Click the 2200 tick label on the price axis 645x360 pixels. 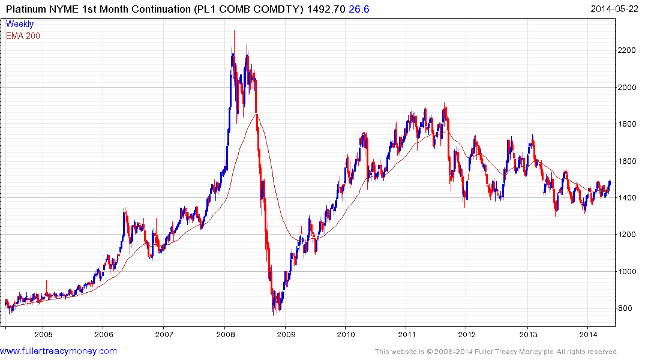click(x=628, y=50)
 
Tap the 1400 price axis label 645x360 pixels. click(x=628, y=198)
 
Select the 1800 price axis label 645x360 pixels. click(x=628, y=124)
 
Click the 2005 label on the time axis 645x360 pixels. click(x=43, y=334)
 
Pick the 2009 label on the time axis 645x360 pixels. click(x=286, y=334)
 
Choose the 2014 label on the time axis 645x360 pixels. click(x=589, y=334)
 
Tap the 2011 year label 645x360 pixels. click(x=407, y=334)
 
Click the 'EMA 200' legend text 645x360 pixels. click(x=23, y=35)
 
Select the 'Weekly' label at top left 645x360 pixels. click(x=20, y=24)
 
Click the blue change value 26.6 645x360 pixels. click(x=358, y=8)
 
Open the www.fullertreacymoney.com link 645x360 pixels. click(x=59, y=351)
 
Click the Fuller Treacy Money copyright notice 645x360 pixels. click(x=496, y=352)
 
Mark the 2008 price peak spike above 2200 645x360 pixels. click(x=234, y=31)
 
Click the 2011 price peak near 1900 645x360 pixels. click(x=445, y=103)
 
